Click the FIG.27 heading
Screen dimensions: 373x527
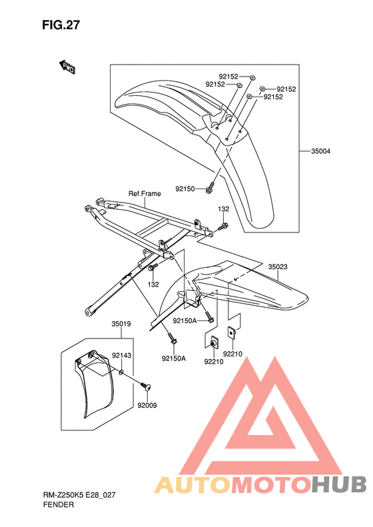point(61,25)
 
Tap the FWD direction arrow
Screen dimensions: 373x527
point(67,67)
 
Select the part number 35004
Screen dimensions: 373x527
point(320,151)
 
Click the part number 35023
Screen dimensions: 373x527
point(278,267)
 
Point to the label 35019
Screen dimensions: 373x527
point(121,324)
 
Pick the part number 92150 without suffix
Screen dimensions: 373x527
point(185,189)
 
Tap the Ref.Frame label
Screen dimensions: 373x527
point(145,194)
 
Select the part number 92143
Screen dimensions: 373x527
point(122,355)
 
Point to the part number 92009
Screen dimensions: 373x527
point(147,405)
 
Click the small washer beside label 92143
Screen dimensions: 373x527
point(121,372)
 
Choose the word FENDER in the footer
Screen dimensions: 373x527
point(59,504)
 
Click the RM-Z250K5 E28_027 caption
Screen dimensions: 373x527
point(79,495)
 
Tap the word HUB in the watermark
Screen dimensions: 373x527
point(339,484)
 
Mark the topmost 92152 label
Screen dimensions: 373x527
point(228,77)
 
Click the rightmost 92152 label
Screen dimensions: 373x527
point(286,89)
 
